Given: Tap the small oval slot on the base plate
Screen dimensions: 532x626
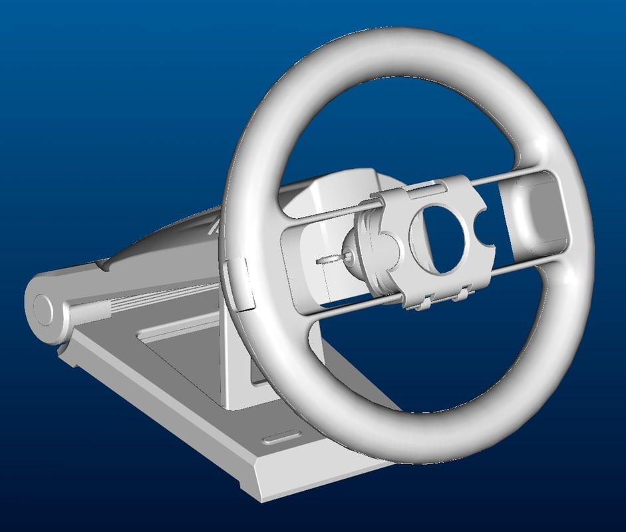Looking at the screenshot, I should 280,439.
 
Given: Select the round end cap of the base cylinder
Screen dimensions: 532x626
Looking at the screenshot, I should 44,310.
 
